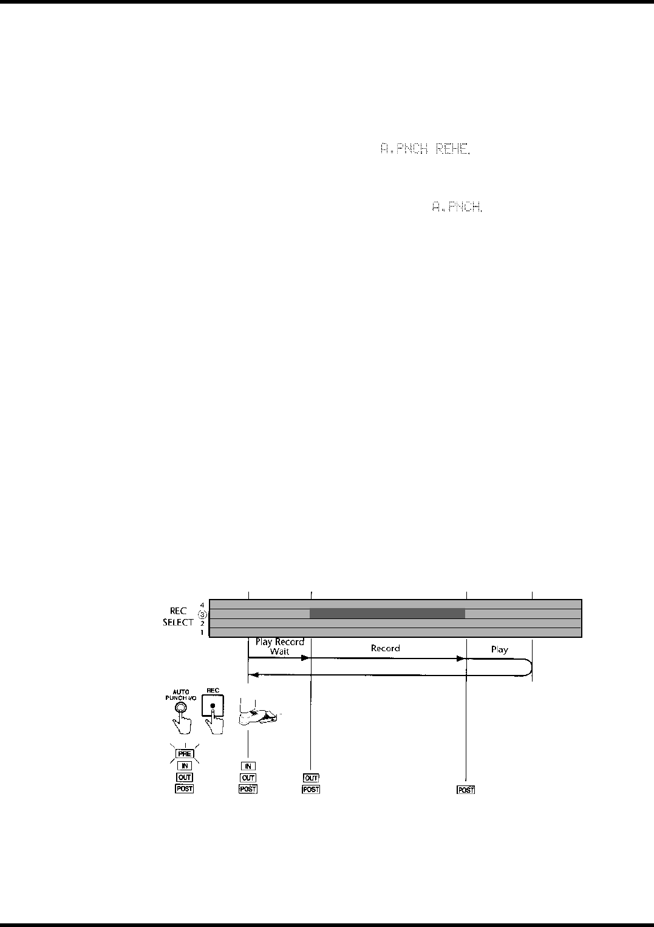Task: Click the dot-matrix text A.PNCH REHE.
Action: [x=425, y=149]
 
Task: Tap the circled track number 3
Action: [x=203, y=614]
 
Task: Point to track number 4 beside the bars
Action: [x=202, y=604]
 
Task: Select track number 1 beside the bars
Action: [x=202, y=632]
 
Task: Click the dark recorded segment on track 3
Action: [x=387, y=614]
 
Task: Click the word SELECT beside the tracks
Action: [x=178, y=623]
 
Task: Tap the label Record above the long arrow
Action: [x=386, y=648]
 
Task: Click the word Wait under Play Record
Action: [x=280, y=651]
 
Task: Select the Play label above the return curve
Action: [x=499, y=649]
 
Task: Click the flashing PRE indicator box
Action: [x=185, y=754]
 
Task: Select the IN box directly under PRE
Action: [x=185, y=766]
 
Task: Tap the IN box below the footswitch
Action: [x=248, y=766]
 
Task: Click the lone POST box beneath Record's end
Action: [x=466, y=790]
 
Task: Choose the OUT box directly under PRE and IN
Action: [x=185, y=778]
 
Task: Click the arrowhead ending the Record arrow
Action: [x=462, y=658]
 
